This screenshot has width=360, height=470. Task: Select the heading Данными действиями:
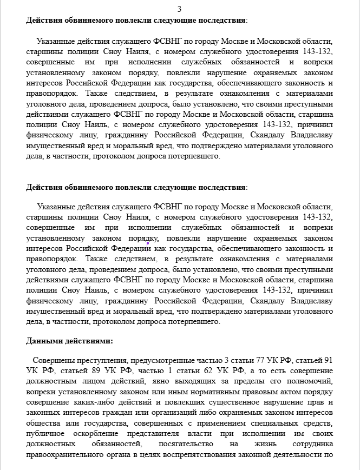click(x=70, y=341)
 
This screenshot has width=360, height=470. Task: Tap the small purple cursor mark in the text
click(x=148, y=244)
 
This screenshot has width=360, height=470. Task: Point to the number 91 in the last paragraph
click(x=328, y=360)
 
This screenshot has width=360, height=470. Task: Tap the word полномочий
click(x=311, y=381)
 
